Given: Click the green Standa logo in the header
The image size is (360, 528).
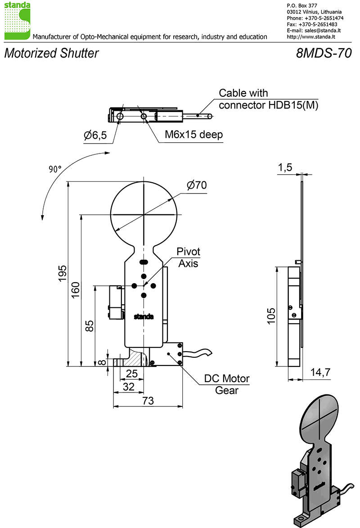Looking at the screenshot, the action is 17,21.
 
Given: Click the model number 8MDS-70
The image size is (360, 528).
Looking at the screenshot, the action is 324,53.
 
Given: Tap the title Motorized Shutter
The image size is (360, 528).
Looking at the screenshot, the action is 51,53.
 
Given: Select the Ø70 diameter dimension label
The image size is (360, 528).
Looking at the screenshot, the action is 197,185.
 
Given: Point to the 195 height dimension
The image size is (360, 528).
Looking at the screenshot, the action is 63,273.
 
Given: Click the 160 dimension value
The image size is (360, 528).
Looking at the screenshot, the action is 76,289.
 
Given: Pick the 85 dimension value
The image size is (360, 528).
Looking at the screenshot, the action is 89,326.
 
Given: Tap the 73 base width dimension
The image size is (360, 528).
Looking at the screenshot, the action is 148,401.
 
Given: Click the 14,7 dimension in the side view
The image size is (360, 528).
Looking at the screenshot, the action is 320,372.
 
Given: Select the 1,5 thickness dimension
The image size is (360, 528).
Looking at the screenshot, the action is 285,167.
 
